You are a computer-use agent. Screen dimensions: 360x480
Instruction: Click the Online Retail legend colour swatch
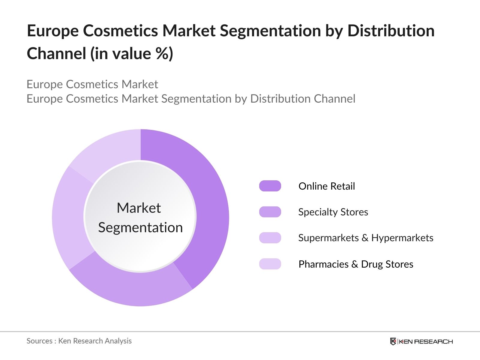(270, 186)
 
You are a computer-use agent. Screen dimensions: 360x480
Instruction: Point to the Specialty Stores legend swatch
(270, 212)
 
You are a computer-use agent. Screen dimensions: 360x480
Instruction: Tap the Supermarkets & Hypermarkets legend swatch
(270, 238)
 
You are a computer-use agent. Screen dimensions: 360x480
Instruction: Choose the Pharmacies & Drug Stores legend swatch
(270, 264)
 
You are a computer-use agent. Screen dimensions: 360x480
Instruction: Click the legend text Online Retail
(326, 186)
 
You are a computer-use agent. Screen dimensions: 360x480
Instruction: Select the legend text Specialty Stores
(333, 212)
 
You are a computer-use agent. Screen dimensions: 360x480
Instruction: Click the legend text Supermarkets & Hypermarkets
(365, 238)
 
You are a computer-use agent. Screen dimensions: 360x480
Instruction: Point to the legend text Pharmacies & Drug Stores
(356, 264)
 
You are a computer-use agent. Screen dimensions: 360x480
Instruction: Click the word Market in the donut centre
(139, 208)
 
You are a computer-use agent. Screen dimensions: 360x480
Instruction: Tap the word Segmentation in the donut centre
(140, 227)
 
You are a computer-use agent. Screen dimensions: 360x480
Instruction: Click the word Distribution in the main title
(391, 31)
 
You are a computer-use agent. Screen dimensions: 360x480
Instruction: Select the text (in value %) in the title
(132, 53)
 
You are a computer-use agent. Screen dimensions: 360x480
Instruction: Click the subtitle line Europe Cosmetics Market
(92, 84)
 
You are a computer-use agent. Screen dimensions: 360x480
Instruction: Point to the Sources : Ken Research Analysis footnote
(79, 341)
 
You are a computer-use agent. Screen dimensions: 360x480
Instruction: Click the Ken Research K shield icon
(393, 341)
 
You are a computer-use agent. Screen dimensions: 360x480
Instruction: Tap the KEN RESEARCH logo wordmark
(426, 341)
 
